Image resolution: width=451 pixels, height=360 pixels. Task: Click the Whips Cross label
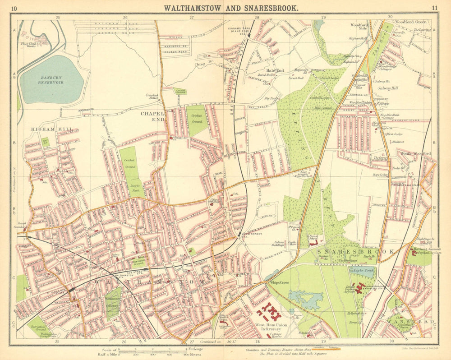point(280,283)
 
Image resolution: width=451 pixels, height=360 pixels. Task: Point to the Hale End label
point(275,70)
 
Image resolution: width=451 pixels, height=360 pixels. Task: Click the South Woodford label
point(416,154)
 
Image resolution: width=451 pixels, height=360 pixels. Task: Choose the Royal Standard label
point(21,225)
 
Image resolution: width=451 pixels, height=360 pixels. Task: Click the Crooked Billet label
point(152,97)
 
